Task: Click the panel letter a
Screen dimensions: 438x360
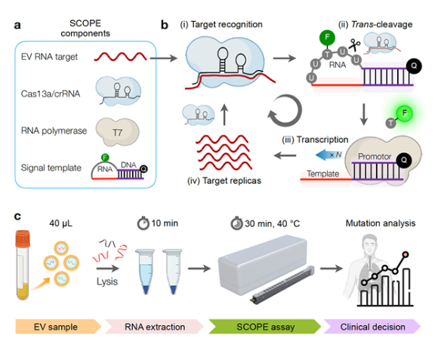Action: pos(17,26)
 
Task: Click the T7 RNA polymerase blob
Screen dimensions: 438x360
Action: pos(117,132)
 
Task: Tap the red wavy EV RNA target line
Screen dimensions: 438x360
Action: pos(120,57)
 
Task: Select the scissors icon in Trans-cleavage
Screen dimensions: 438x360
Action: pos(354,45)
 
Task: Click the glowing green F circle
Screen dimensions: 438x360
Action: pos(404,113)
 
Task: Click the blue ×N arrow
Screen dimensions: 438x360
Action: pos(329,155)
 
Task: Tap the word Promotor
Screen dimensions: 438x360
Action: pos(375,156)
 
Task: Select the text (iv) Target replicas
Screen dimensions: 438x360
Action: pos(224,181)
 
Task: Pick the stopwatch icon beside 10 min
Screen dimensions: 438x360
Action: pos(143,223)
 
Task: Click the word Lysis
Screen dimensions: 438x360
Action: pos(107,282)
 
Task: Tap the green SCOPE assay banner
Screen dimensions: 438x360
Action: pos(265,327)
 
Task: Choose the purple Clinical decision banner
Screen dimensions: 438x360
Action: pos(372,327)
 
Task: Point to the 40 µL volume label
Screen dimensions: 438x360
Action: pos(60,223)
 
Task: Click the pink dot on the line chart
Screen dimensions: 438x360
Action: pos(406,254)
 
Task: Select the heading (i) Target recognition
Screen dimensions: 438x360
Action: pos(221,25)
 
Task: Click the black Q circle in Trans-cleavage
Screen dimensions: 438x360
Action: pos(414,66)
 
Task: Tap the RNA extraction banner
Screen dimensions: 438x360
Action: pos(154,327)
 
